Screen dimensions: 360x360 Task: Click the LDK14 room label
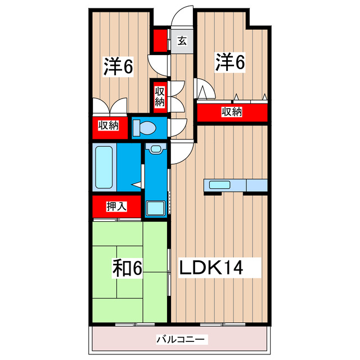coord(211,268)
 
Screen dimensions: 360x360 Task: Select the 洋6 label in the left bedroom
coord(118,67)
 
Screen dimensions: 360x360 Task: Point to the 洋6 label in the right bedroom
coord(230,62)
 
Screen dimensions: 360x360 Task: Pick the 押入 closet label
coord(116,206)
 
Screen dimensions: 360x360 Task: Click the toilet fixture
coord(145,128)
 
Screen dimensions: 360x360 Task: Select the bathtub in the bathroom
coord(105,167)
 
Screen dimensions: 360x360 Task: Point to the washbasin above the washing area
coord(156,149)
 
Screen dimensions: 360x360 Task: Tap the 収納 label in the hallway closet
coord(160,96)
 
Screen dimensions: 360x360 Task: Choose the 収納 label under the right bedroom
coord(231,112)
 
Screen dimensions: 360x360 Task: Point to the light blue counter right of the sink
coord(256,184)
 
